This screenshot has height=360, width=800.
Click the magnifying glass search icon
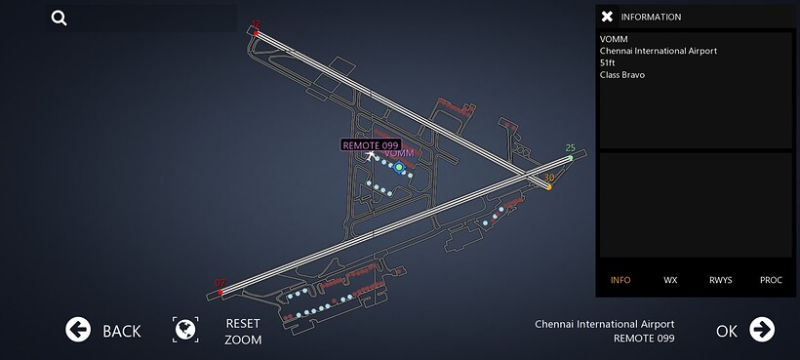coord(60,18)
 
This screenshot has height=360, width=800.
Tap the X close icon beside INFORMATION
coord(607,17)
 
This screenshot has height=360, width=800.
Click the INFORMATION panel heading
coord(651,17)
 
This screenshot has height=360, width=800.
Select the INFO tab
coord(620,280)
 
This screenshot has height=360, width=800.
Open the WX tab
coord(670,280)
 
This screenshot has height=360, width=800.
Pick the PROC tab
coord(771,280)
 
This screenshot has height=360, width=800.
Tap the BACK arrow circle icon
coord(78,330)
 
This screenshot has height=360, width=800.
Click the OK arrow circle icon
coord(762,330)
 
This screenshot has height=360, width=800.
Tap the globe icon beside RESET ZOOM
coord(185,330)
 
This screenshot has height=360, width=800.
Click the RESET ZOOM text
coord(243,331)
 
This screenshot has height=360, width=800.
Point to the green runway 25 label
coord(571,148)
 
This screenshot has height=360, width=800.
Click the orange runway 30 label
coord(549,178)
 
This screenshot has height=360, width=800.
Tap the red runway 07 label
coord(220,283)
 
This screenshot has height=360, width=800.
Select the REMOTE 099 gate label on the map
coord(371,144)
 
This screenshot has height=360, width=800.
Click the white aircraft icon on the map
coord(372,156)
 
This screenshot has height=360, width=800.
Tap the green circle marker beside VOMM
coord(399,167)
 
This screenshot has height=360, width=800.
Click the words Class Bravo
coord(622,75)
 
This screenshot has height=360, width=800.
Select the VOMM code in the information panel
coord(614,39)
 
